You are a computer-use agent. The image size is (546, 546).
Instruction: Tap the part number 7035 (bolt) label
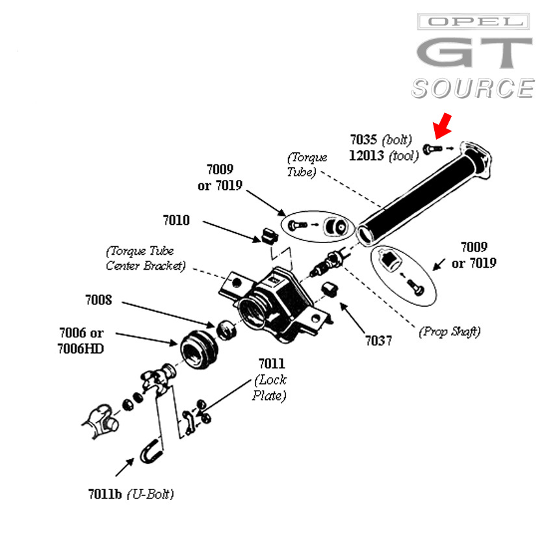381,140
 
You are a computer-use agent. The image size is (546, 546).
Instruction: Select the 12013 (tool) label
381,156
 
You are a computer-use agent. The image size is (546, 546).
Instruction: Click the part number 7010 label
176,220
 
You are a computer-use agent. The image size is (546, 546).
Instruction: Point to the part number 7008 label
98,300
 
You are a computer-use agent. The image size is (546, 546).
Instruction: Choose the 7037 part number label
378,340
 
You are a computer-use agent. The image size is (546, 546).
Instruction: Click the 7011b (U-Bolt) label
131,494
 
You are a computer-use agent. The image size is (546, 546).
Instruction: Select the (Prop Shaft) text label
449,331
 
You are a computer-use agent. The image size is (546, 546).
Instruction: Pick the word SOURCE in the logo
473,88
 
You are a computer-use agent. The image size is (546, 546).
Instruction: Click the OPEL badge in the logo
473,22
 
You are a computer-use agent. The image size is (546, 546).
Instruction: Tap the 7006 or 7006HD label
81,341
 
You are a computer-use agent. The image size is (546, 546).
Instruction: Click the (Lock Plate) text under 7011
270,387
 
